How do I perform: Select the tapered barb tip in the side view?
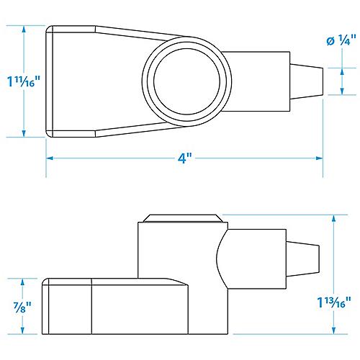(x=307, y=257)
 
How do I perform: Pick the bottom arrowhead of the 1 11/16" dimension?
(x=24, y=133)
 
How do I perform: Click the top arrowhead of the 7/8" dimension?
(x=24, y=282)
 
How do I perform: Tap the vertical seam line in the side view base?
(x=91, y=308)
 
